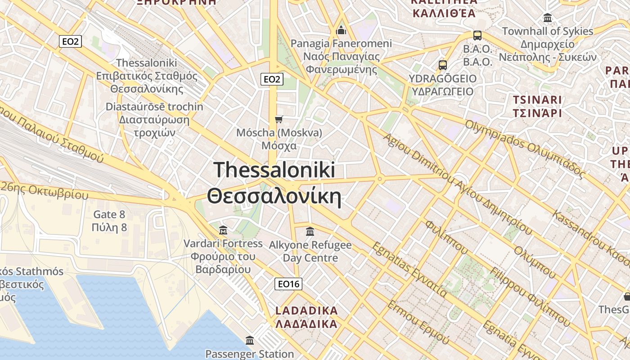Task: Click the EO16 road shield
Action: click(288, 284)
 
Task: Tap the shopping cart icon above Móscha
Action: click(279, 119)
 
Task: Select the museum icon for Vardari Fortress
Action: click(223, 231)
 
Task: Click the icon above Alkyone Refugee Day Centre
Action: click(310, 232)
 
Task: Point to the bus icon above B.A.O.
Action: click(477, 35)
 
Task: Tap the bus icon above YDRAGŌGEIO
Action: click(443, 65)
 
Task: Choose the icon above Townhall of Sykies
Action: click(548, 18)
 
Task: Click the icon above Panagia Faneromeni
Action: click(341, 31)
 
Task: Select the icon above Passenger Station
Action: click(250, 340)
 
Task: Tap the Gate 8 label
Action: click(109, 214)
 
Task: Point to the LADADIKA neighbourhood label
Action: click(306, 310)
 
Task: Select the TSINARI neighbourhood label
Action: click(537, 100)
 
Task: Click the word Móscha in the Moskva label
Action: click(255, 133)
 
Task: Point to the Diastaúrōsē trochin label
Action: click(154, 107)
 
